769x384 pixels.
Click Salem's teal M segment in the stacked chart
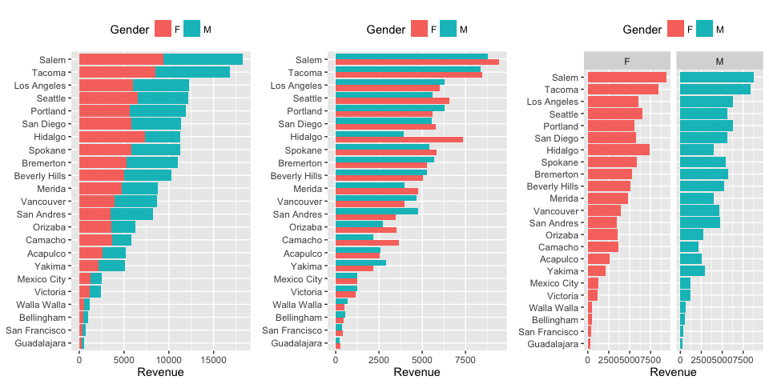pyautogui.click(x=203, y=59)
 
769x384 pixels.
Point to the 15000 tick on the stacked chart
pyautogui.click(x=212, y=361)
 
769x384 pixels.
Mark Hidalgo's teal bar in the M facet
pyautogui.click(x=697, y=150)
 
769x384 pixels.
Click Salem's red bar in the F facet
pyautogui.click(x=627, y=77)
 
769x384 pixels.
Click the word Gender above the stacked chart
pyautogui.click(x=130, y=30)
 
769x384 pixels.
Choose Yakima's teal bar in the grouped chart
pyautogui.click(x=360, y=262)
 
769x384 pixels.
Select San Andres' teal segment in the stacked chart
pyautogui.click(x=131, y=214)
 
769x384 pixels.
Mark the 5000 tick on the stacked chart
pyautogui.click(x=123, y=361)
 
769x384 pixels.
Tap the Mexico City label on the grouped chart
pyautogui.click(x=297, y=278)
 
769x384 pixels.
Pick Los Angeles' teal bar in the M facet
pyautogui.click(x=707, y=102)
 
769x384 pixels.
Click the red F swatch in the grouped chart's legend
pyautogui.click(x=419, y=29)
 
